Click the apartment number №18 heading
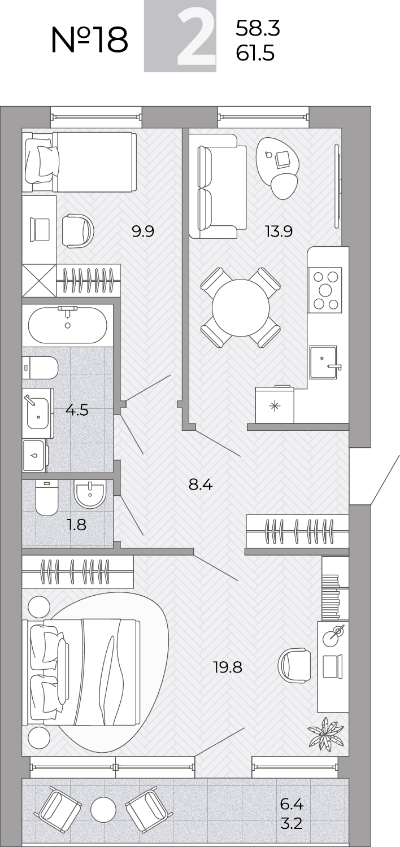point(90,40)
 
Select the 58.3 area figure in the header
point(258,28)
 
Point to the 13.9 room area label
point(279,230)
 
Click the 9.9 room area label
point(143,230)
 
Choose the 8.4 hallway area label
point(201,484)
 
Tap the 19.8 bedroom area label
point(228,667)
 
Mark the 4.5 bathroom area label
point(77,409)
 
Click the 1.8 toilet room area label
point(76,525)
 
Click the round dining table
point(241,308)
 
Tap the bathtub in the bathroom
point(68,325)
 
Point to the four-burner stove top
point(325,290)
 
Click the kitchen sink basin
point(323,362)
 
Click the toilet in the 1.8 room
point(46,498)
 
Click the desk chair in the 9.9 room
point(77,231)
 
